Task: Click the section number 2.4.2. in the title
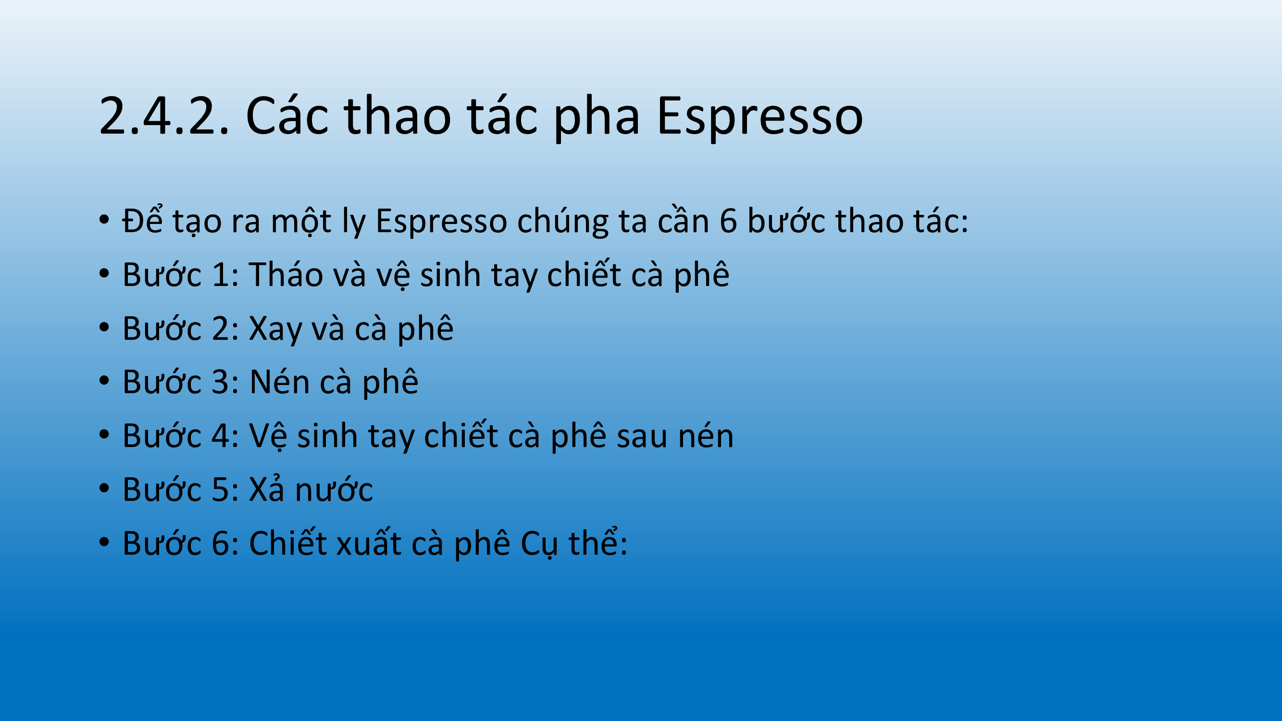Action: click(164, 116)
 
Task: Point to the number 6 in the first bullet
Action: click(728, 221)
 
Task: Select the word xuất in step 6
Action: click(369, 543)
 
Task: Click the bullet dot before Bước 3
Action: click(104, 381)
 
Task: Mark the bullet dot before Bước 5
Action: click(104, 489)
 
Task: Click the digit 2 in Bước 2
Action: click(221, 328)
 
